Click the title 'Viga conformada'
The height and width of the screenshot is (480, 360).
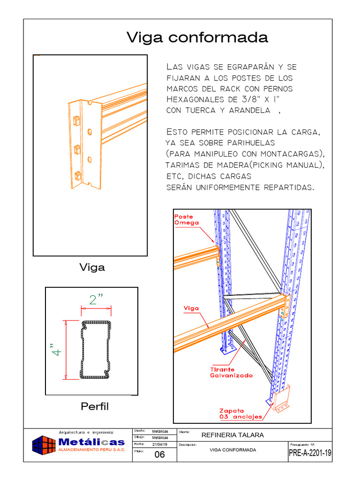point(197,38)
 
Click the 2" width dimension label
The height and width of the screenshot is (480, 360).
point(96,300)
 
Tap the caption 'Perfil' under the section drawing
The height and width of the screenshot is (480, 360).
point(94,406)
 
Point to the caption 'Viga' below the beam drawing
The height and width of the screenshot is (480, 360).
point(92,268)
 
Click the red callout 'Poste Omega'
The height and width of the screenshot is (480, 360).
point(187,220)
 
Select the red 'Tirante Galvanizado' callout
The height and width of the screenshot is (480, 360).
point(231,373)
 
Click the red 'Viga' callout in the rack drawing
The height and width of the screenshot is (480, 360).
point(191,308)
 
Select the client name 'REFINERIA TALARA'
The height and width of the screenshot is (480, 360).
point(232,435)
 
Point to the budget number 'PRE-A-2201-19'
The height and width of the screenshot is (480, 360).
point(310,453)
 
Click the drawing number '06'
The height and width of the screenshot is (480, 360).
point(159,454)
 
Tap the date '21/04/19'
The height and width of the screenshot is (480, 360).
point(160,444)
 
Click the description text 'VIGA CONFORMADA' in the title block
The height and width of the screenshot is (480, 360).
point(232,450)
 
